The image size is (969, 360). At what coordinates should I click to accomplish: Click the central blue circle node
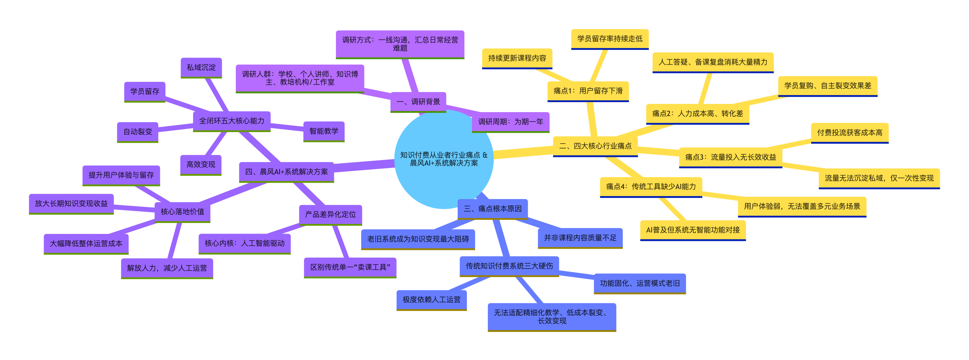click(444, 159)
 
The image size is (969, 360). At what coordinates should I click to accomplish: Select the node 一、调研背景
click(418, 102)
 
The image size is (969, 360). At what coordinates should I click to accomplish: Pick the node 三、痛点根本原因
click(493, 209)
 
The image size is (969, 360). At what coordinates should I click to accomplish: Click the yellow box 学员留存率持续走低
click(610, 39)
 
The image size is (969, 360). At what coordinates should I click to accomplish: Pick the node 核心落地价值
click(182, 212)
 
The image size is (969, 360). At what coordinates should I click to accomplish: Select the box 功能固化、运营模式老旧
click(640, 284)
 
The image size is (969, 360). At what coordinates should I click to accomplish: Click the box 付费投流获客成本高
click(850, 133)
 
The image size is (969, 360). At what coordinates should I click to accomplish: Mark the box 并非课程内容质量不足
click(581, 238)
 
